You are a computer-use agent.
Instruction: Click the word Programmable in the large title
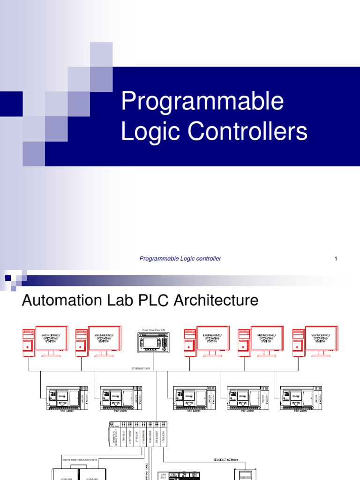(x=202, y=102)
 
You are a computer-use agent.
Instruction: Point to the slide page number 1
(x=336, y=258)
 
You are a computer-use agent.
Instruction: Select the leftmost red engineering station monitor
(x=51, y=339)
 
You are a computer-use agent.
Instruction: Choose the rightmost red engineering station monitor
(x=321, y=339)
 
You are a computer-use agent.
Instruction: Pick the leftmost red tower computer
(x=28, y=341)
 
